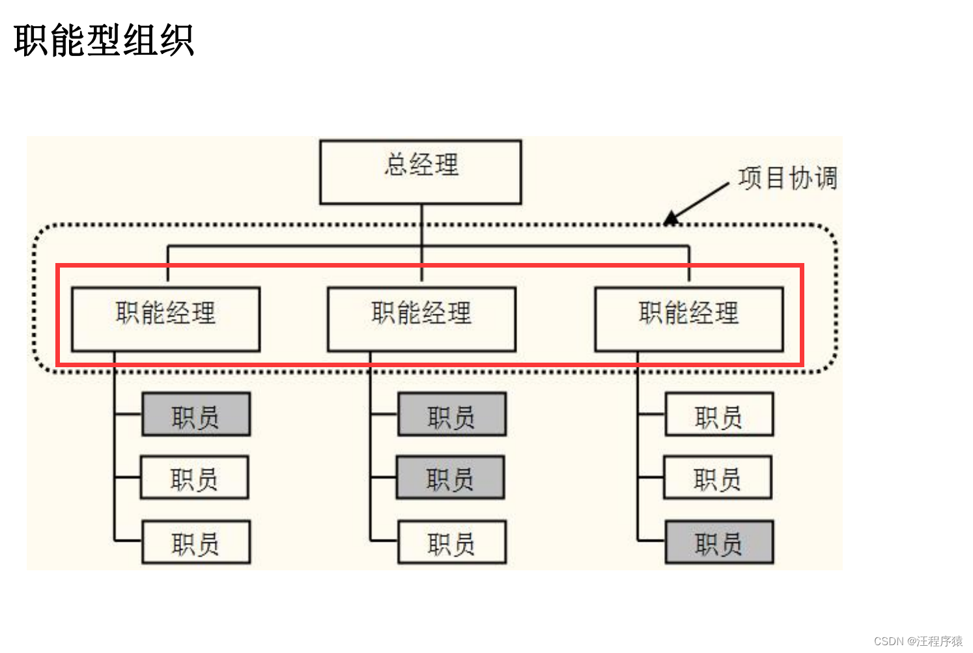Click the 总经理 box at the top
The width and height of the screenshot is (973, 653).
tap(421, 172)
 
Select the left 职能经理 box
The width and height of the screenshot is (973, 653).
tap(165, 319)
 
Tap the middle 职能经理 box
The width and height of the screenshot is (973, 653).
tap(421, 319)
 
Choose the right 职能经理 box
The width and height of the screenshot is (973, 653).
tap(689, 319)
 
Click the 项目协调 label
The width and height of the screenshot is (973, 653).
tap(787, 178)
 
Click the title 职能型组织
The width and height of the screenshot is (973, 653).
tap(104, 40)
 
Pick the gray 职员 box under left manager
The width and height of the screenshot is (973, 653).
tap(196, 414)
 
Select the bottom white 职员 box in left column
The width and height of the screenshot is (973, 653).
tap(196, 542)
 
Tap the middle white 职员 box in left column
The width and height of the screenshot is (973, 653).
tap(195, 478)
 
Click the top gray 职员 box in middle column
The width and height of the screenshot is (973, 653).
tap(452, 414)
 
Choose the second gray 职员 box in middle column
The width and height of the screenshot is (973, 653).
tap(450, 478)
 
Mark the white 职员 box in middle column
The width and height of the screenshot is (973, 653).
tap(452, 542)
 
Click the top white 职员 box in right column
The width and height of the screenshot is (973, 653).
tap(719, 414)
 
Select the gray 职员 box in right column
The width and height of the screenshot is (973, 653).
tap(719, 542)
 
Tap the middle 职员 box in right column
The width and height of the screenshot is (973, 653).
tap(718, 478)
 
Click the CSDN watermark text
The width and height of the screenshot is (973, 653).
tap(918, 641)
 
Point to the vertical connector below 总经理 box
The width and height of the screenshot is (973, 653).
tap(421, 225)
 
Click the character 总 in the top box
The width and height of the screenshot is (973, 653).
tap(396, 164)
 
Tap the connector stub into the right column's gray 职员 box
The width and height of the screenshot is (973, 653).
tap(651, 540)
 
